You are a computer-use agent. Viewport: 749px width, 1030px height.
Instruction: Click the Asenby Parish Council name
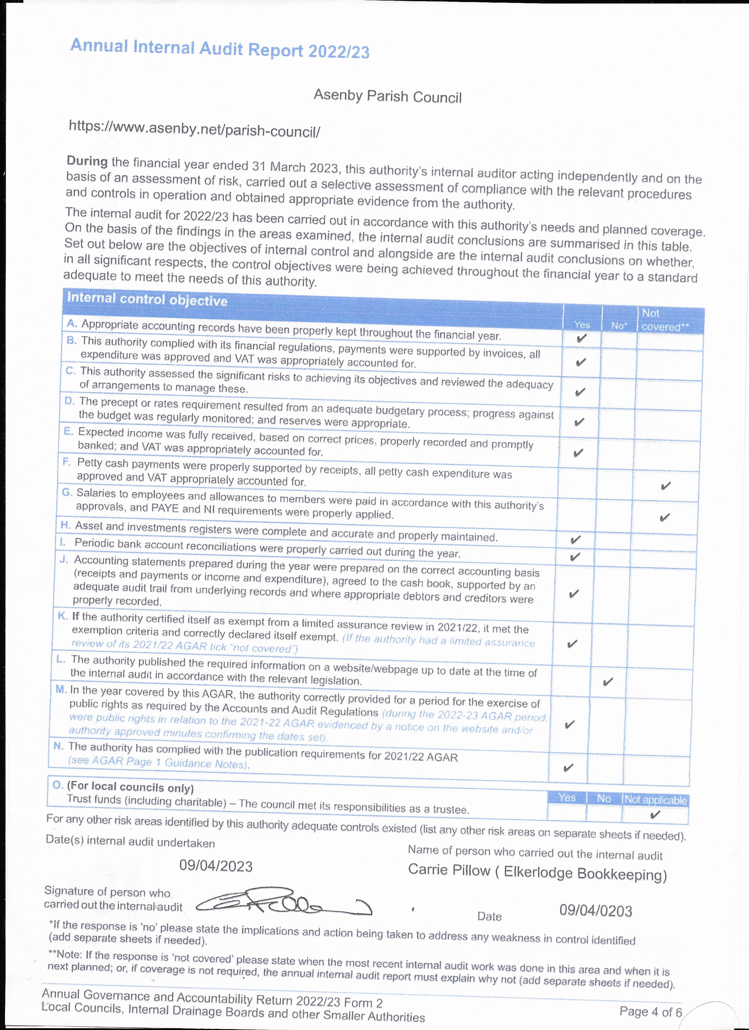(387, 96)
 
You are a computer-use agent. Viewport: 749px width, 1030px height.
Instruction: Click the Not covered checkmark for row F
(665, 486)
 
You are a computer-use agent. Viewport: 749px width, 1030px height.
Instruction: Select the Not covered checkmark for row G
(664, 517)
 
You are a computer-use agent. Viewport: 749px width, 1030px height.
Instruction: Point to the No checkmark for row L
(608, 681)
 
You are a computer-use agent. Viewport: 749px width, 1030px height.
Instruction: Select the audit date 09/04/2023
(216, 866)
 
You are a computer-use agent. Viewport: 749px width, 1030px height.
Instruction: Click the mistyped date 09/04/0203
(595, 910)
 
